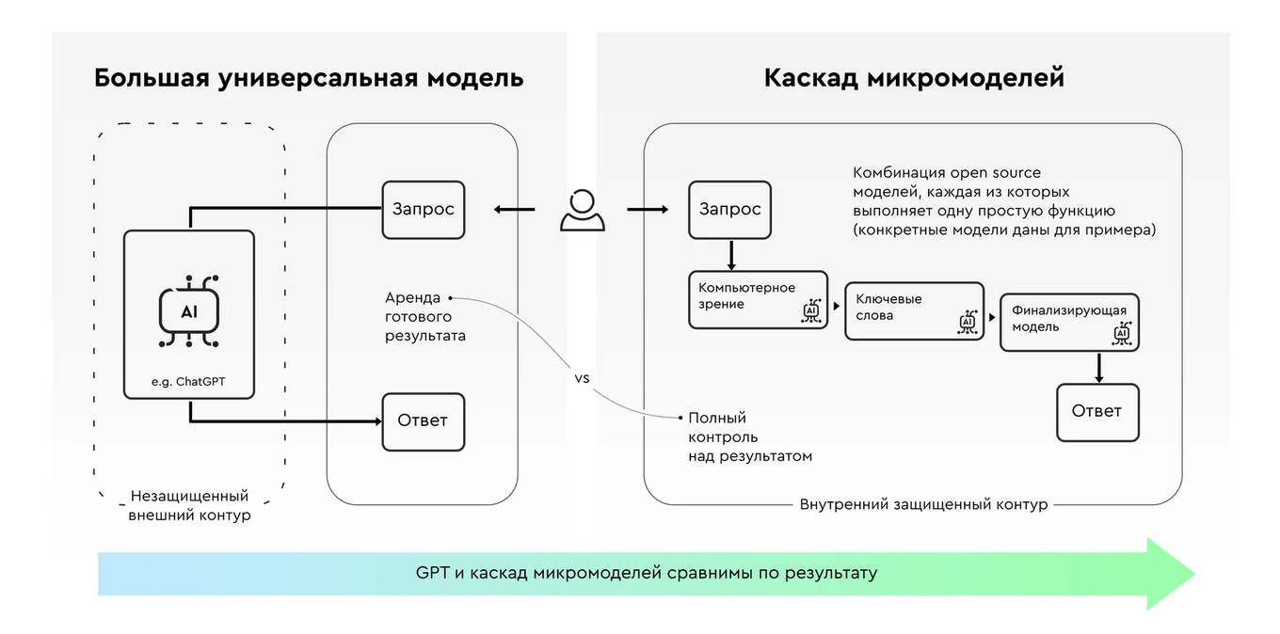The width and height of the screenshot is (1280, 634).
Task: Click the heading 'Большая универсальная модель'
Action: [309, 77]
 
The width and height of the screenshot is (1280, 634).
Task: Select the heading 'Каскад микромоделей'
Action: [913, 77]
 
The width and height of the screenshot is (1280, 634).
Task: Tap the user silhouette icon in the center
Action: [583, 211]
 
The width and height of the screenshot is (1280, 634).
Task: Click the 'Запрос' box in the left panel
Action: [423, 209]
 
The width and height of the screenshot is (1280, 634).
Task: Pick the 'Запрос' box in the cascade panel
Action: [729, 209]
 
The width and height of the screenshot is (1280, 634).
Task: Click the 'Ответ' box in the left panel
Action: [423, 420]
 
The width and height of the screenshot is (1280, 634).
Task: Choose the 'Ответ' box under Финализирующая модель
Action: [1097, 411]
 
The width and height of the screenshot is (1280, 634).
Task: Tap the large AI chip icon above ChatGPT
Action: [189, 311]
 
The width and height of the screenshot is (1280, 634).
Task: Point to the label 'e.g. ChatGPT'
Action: [189, 382]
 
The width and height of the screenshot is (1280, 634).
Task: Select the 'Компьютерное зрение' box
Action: [758, 299]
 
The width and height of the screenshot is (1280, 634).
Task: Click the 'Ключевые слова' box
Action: [914, 310]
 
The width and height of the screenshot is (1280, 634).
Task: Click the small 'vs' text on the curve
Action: [582, 378]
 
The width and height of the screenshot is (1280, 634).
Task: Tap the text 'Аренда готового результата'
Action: [424, 316]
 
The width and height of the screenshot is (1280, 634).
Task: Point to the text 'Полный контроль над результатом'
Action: [749, 436]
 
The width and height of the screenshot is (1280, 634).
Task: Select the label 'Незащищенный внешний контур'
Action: [189, 505]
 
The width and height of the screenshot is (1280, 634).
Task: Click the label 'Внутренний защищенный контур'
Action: [923, 504]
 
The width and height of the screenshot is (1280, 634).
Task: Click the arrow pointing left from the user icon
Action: [515, 210]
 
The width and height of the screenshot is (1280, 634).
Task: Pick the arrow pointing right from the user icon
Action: [648, 210]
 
